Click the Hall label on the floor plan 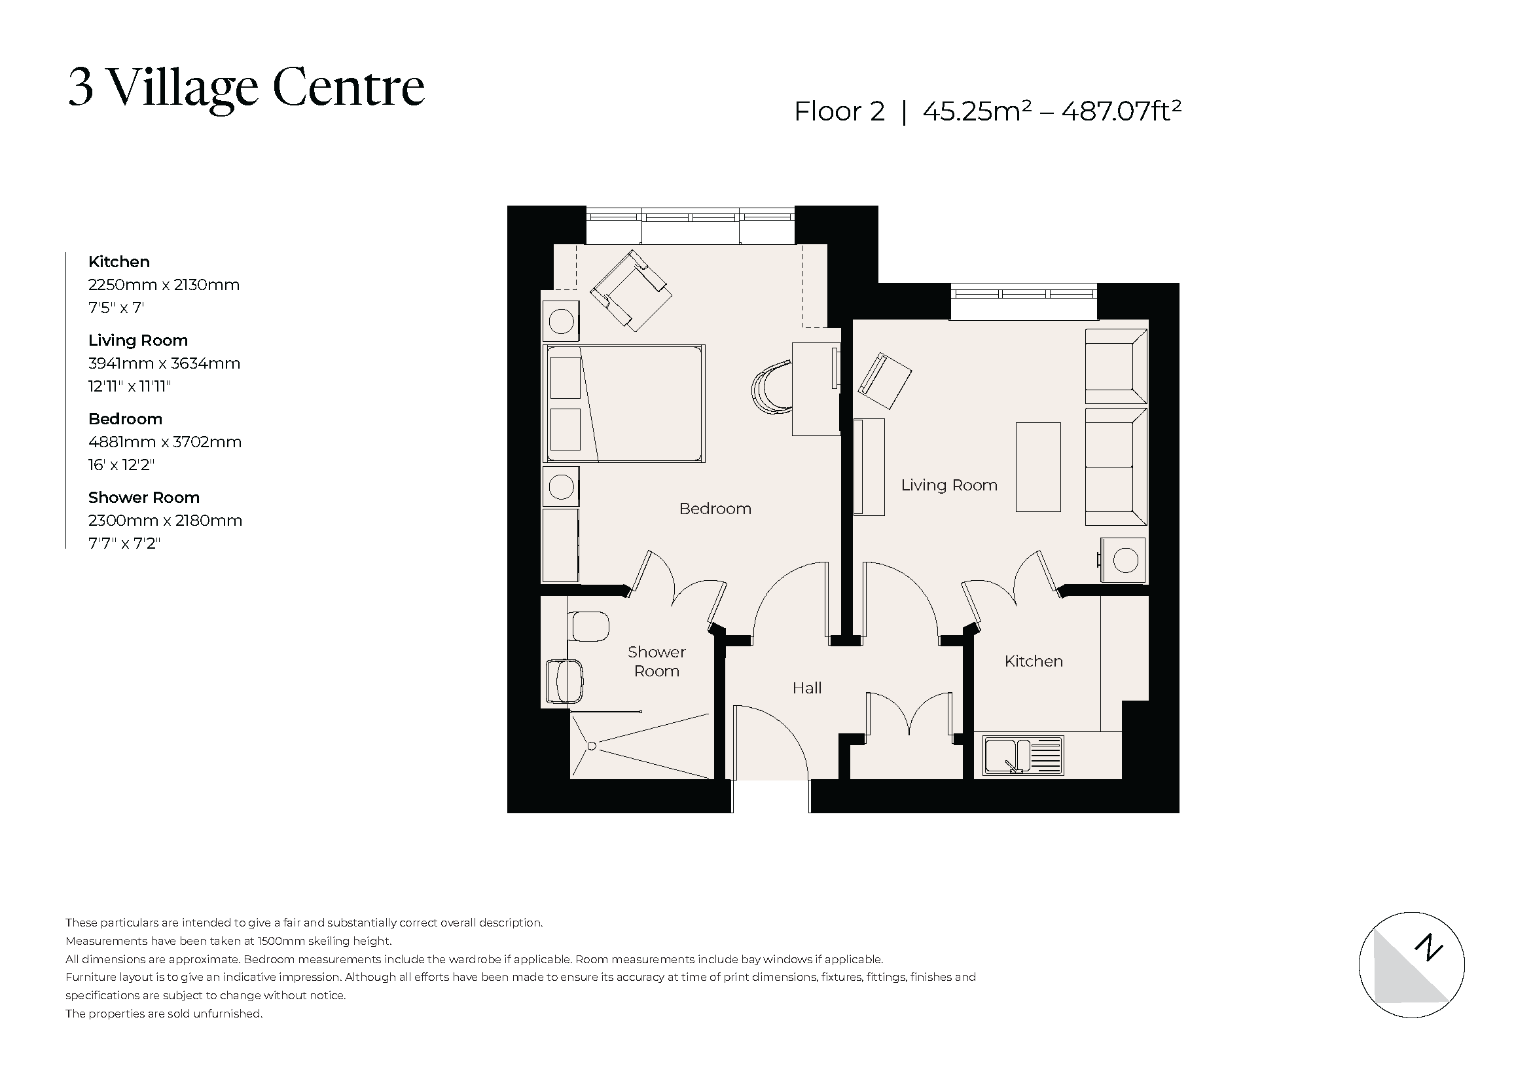click(806, 688)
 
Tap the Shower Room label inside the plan click(656, 661)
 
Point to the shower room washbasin click(564, 681)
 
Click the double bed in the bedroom click(624, 403)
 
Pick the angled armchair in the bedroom click(631, 290)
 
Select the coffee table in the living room click(1037, 467)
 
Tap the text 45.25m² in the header click(977, 111)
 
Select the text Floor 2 click(839, 111)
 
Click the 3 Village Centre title click(246, 87)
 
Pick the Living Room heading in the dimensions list click(138, 340)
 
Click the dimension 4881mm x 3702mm click(165, 441)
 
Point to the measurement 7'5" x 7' click(116, 308)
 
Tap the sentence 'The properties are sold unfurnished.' click(164, 1014)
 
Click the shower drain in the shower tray click(591, 746)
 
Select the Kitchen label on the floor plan click(1033, 661)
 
